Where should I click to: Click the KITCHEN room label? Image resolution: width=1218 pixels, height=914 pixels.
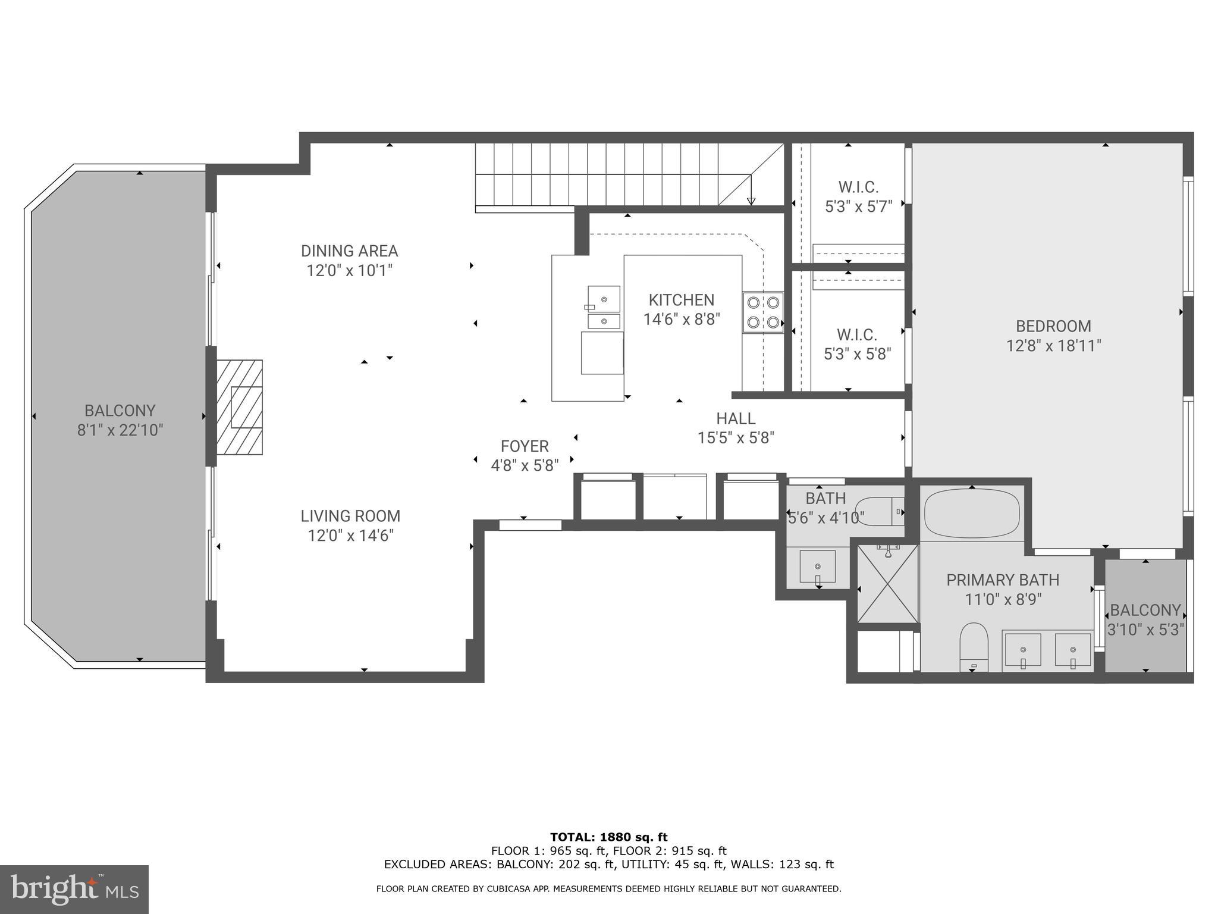[x=681, y=300]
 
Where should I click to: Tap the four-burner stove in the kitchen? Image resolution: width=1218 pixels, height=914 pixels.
[x=763, y=312]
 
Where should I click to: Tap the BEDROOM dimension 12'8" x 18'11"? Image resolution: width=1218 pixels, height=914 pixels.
[x=1053, y=346]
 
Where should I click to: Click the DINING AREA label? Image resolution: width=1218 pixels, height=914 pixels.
[x=349, y=251]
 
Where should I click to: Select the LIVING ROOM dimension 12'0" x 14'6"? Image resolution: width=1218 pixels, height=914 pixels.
[x=350, y=536]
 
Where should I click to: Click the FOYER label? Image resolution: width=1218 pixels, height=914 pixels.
[x=524, y=446]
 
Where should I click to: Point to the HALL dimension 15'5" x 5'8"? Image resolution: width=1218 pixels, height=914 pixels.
[x=735, y=438]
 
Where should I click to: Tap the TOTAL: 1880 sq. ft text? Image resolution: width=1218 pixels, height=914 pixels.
[x=608, y=837]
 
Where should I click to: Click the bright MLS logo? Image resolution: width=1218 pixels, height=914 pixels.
[x=74, y=890]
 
